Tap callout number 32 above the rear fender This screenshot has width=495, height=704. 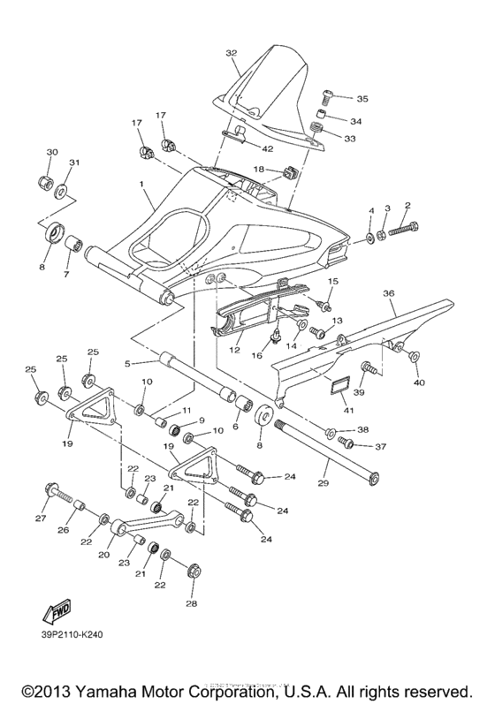(232, 53)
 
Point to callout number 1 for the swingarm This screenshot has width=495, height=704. (140, 183)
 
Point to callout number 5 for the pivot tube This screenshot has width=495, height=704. (128, 362)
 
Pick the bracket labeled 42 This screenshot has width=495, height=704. (237, 134)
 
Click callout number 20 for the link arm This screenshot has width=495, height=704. (103, 556)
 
